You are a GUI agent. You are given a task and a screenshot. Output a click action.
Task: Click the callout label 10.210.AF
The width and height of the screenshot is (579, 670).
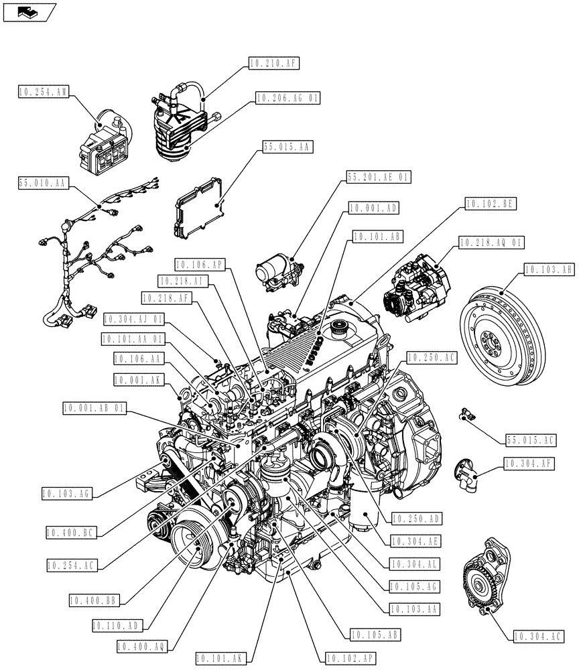273,64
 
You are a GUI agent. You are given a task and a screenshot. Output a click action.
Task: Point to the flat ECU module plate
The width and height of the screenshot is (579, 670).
199,205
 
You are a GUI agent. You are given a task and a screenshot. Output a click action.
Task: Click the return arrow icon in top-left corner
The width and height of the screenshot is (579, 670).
28,11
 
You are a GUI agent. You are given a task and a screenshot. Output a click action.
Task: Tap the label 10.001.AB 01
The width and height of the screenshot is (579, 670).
94,407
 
